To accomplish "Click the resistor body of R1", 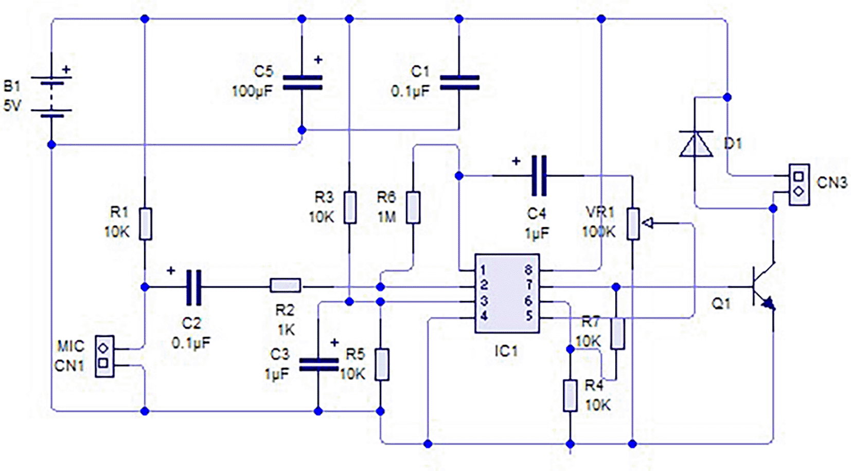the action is point(145,224).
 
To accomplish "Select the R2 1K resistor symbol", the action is point(286,285).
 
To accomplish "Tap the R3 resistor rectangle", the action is point(350,208).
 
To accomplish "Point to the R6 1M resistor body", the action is point(413,208).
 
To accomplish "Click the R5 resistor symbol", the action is point(382,365).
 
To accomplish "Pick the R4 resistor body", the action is point(570,395).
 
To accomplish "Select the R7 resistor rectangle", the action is point(617,334).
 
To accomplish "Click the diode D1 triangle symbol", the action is point(696,143).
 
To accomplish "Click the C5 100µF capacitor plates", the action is point(303,83).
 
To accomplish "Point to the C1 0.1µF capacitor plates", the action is point(459,83).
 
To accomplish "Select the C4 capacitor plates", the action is point(539,175).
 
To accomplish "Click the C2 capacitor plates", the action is point(194,287).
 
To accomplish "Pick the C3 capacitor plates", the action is point(318,364).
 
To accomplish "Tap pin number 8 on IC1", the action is point(528,270).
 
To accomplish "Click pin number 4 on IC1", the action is point(484,316).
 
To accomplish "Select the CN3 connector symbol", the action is point(799,185).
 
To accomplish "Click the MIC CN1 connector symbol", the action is point(104,356).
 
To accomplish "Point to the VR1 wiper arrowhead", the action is point(647,223).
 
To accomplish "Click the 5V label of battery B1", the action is point(12,105).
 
